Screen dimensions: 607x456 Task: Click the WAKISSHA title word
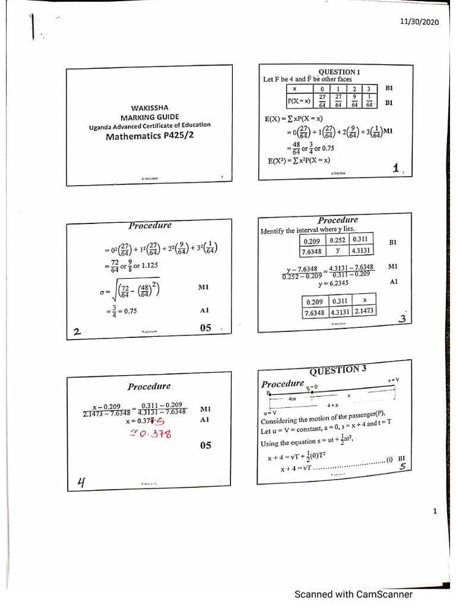pos(150,107)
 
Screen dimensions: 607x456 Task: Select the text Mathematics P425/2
pos(149,136)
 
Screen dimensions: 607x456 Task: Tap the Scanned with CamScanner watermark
pos(353,594)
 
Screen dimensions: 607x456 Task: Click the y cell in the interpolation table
pos(337,250)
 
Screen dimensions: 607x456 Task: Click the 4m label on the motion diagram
pos(292,400)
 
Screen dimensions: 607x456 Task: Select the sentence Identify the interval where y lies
pos(308,229)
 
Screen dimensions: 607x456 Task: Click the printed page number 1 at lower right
pos(435,512)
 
